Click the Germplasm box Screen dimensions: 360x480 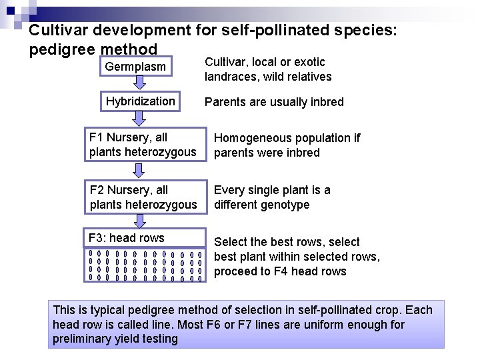[136, 67]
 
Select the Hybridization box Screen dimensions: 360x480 [141, 101]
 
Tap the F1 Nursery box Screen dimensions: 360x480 [143, 145]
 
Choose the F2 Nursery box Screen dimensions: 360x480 [143, 197]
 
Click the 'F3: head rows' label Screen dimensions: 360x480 [127, 238]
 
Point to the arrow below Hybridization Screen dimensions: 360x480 [138, 119]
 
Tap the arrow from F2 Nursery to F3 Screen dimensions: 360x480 [138, 221]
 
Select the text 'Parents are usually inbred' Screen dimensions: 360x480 [274, 102]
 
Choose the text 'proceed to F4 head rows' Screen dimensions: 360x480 [280, 271]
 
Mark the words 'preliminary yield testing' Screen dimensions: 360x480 [115, 339]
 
